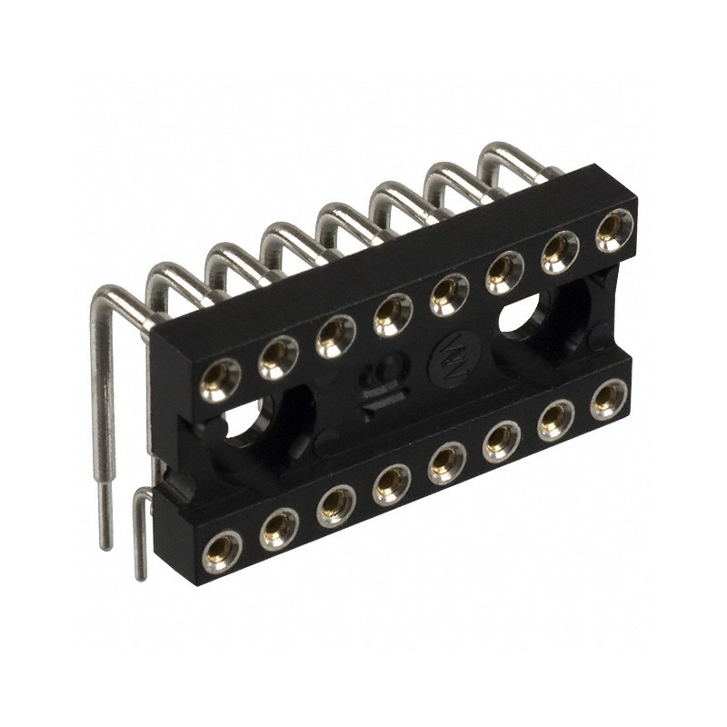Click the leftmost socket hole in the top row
click(220, 378)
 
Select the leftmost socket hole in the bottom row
click(222, 551)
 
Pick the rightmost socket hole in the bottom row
click(609, 398)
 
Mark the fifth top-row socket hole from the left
click(449, 294)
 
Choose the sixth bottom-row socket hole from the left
click(502, 440)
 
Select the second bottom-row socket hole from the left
click(280, 528)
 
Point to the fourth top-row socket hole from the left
click(393, 314)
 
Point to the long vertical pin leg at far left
click(104, 427)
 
